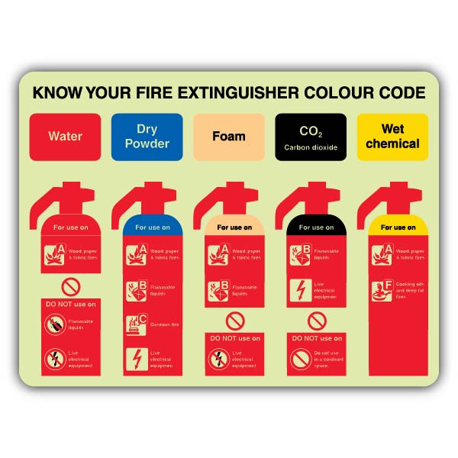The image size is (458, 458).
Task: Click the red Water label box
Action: click(65, 137)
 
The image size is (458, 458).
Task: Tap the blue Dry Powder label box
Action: click(147, 137)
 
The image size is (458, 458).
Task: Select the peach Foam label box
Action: click(229, 137)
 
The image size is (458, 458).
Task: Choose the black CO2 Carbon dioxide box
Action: click(311, 137)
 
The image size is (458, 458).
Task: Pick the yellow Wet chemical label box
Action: click(392, 137)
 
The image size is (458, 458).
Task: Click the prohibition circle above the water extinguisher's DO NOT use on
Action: click(71, 287)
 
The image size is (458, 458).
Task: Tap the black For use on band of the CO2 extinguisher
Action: click(316, 227)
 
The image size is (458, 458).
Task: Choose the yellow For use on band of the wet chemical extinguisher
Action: click(398, 227)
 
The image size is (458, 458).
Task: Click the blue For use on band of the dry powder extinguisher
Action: click(153, 227)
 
